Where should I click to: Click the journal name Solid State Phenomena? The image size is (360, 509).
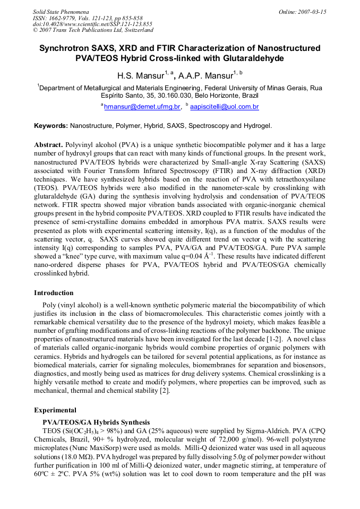coord(61,12)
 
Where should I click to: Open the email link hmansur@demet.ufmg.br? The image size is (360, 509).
coord(142,107)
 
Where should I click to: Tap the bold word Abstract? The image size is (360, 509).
coord(48,145)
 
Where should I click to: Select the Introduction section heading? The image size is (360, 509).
coord(54,293)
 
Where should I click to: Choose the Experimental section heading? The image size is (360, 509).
coord(55,410)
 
